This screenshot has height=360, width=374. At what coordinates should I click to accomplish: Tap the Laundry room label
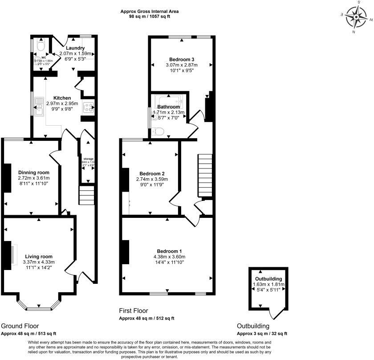tap(75, 48)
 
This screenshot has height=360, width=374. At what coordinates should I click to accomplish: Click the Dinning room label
tap(34, 172)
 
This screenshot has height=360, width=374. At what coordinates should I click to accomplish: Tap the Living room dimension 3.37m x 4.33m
tap(39, 262)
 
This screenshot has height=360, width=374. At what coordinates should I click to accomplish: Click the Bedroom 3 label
tap(182, 59)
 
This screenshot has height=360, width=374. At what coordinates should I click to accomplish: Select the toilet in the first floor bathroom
tap(157, 130)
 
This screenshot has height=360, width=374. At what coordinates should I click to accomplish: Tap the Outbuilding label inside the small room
tap(268, 279)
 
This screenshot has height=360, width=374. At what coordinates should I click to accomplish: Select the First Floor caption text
tap(134, 311)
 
